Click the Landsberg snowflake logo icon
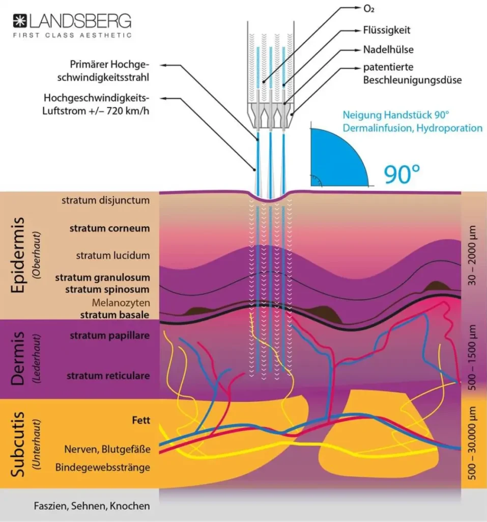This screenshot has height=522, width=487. click(20, 21)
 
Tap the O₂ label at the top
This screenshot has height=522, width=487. click(368, 9)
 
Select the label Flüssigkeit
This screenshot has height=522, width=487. click(387, 30)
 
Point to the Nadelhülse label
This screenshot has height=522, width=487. click(388, 49)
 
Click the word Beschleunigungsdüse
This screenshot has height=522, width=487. click(412, 80)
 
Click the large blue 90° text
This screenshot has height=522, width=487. click(402, 174)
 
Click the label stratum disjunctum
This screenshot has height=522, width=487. click(105, 200)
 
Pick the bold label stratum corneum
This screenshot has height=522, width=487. click(109, 228)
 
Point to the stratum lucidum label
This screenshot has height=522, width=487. click(112, 256)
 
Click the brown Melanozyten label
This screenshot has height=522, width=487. click(121, 303)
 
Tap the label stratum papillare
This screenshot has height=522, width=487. click(109, 335)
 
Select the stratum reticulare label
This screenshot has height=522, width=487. click(108, 376)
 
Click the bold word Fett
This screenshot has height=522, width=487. click(141, 420)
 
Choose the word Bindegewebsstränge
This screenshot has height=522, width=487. click(102, 467)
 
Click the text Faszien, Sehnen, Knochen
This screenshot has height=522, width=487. click(92, 506)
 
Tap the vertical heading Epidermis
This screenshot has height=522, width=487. click(18, 255)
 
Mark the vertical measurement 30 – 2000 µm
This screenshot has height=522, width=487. click(472, 256)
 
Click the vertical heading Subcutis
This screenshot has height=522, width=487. click(18, 444)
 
